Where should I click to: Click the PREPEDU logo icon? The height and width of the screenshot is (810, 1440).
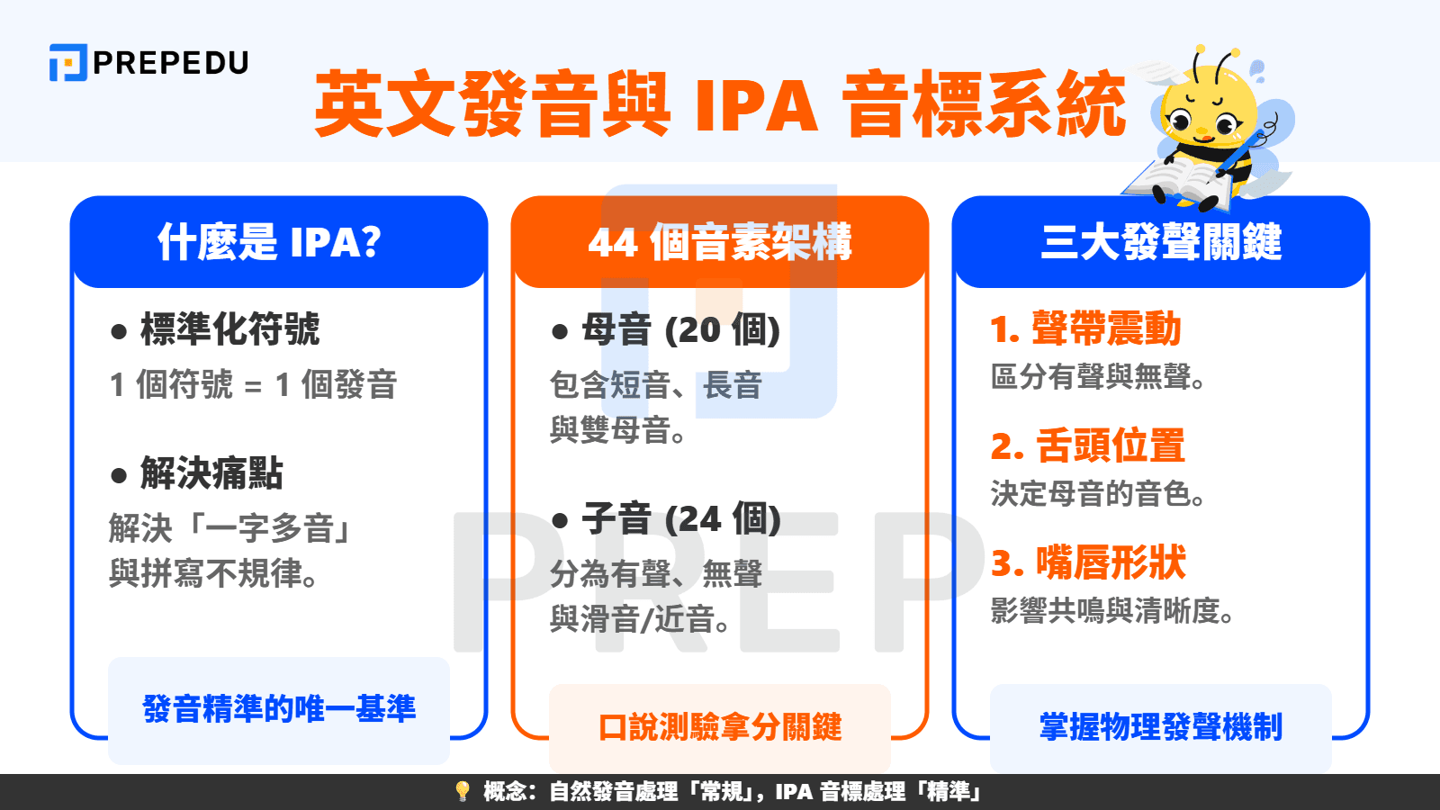pos(67,62)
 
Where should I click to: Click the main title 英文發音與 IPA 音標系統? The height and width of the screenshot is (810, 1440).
pos(719,104)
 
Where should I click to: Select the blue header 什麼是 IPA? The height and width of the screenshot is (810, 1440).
pos(270,242)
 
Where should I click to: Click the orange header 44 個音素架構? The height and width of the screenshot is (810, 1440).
pos(720,242)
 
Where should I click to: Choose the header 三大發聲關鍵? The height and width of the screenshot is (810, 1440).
pos(1161,242)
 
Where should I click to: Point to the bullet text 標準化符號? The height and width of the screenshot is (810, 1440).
pos(229,329)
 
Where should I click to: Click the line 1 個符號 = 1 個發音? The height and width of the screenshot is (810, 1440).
pos(253,385)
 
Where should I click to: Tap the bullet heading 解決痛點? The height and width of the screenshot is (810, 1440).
pos(211,473)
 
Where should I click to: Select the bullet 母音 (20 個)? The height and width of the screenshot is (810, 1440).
pos(680,330)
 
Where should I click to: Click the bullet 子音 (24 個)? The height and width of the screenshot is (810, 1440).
pos(680,519)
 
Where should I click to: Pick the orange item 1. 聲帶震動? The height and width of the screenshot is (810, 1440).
pos(1085,329)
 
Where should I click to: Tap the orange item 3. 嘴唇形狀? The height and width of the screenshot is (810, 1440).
pos(1088,563)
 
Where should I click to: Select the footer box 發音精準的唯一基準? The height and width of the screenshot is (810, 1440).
pos(279,709)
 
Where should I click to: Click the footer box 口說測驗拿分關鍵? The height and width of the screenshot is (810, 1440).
pos(720,727)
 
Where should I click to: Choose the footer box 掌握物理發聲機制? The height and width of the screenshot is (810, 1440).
pos(1161,727)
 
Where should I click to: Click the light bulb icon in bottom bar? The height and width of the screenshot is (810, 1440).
pos(463,791)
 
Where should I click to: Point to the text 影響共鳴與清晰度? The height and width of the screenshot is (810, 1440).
pos(1112,611)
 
